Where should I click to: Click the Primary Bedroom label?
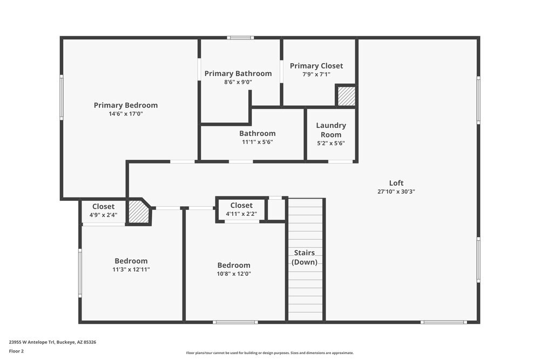tap(125, 105)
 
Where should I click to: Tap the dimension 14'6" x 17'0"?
tap(125, 114)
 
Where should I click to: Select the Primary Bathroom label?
tap(238, 73)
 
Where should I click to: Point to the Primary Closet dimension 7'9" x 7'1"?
tap(316, 74)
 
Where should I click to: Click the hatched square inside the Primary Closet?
tap(346, 96)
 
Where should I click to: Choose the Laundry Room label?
tap(331, 130)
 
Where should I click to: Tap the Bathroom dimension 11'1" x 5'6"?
tap(257, 142)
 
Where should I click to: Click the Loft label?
tap(396, 183)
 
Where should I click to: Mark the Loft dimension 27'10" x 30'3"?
tap(396, 192)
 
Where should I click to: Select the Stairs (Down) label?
tap(305, 257)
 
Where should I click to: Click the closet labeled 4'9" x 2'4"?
tap(103, 210)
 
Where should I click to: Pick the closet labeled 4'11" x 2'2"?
tap(241, 209)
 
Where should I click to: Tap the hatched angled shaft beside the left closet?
tap(138, 212)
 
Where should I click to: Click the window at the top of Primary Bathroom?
tap(240, 38)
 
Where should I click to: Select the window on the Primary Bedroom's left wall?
tap(62, 97)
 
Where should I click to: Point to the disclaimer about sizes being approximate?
tap(270, 352)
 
